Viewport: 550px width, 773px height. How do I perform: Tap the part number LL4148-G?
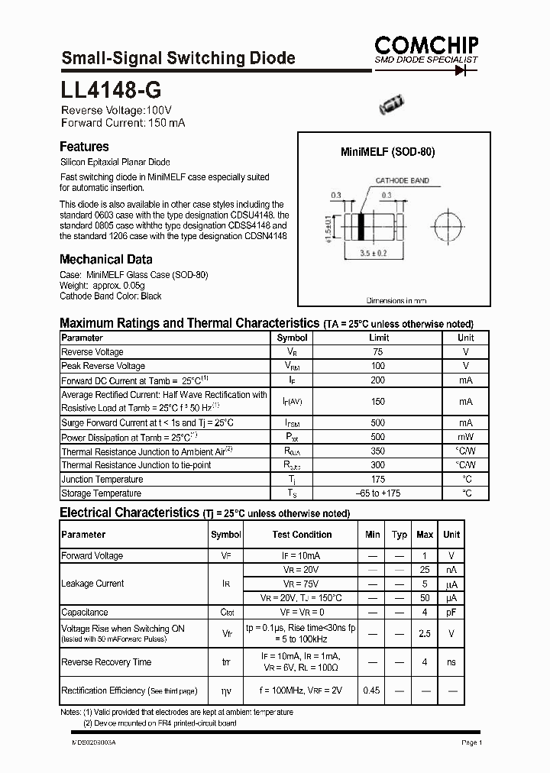111,92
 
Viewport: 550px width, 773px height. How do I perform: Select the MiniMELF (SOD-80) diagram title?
387,152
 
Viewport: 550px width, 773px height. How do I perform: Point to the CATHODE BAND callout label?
401,181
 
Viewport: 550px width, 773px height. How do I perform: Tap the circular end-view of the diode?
448,227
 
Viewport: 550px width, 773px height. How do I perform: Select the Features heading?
84,147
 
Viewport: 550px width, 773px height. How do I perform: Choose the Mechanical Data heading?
105,259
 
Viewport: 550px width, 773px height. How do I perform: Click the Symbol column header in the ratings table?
292,338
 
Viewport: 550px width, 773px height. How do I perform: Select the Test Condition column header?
302,535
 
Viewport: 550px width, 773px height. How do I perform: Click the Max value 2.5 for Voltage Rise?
425,633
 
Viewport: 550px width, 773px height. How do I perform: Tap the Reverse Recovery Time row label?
106,662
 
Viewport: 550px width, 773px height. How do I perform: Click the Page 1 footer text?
471,742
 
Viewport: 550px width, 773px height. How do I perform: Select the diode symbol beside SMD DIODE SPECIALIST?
461,70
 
